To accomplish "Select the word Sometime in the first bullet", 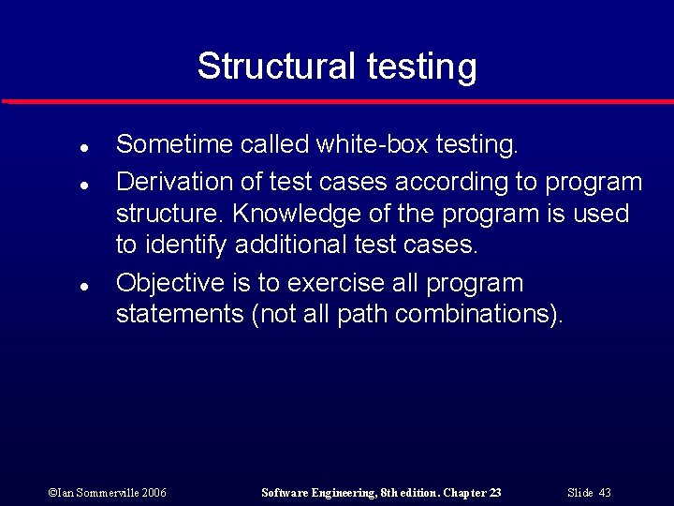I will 174,144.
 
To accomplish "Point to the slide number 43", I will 604,493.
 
